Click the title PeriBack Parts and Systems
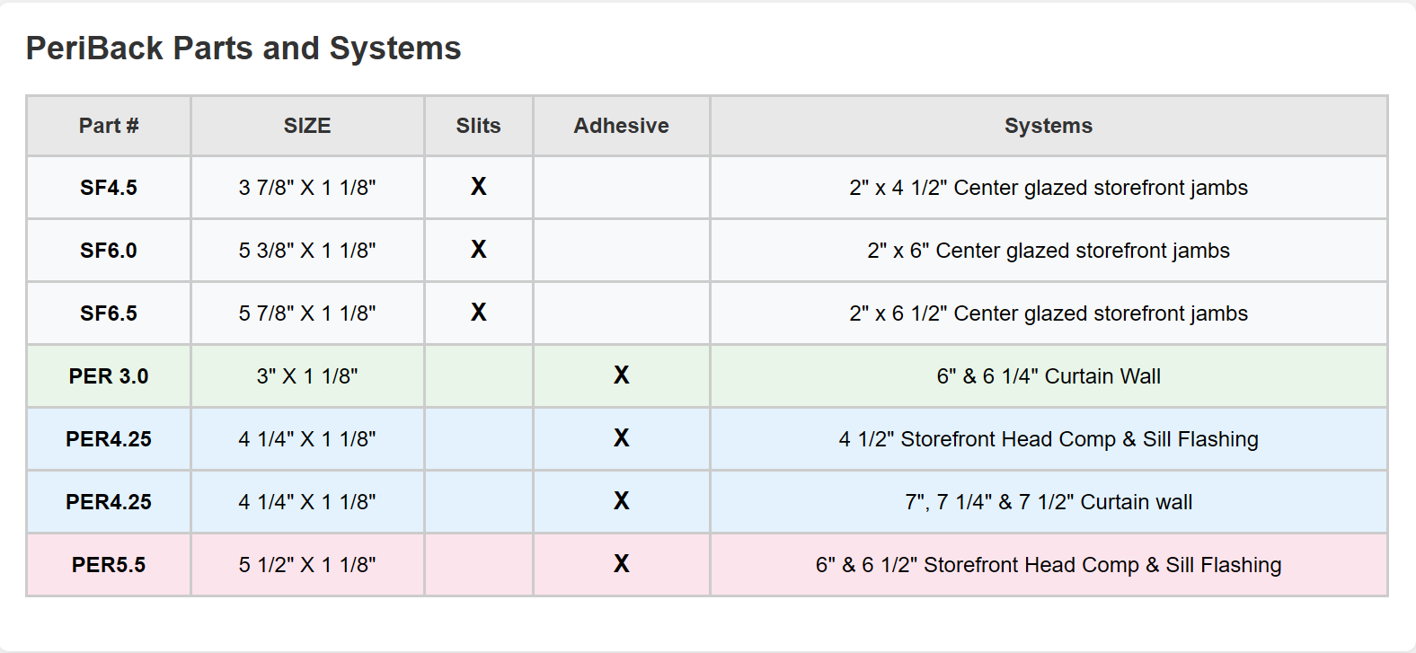pos(243,49)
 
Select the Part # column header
pos(109,126)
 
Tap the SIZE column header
pos(307,126)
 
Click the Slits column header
pos(478,126)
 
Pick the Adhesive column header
pos(621,126)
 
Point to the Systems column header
pos(1049,126)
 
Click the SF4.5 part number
pos(109,188)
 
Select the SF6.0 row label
pos(109,251)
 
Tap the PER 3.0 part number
pos(109,376)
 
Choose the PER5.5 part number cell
pos(109,565)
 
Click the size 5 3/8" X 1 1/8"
pos(307,251)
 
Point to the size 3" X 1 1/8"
pos(307,376)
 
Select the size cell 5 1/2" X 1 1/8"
pos(307,565)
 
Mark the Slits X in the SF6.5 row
pos(479,313)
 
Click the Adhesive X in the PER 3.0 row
pos(621,375)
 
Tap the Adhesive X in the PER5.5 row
pos(621,564)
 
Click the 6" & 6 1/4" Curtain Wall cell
pos(1049,376)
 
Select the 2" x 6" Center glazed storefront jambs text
pos(1049,251)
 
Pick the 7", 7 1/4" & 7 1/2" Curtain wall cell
pos(1049,502)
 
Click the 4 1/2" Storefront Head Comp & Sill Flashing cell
pos(1049,439)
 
